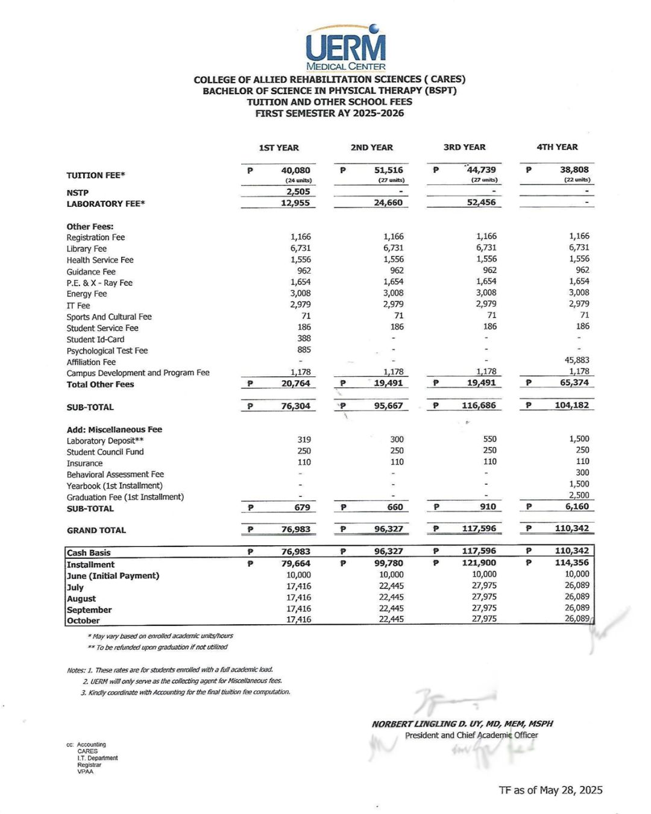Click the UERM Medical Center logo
345,48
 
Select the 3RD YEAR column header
464,147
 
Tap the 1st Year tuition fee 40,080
295,171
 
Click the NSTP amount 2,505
298,192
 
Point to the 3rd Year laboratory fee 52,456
481,203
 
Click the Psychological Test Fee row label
107,351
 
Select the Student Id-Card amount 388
304,339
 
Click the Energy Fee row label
86,294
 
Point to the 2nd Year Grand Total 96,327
388,529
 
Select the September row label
89,610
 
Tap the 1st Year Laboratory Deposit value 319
304,440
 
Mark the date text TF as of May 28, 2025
550,790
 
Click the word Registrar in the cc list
89,765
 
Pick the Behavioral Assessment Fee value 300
582,473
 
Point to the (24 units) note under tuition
298,180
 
